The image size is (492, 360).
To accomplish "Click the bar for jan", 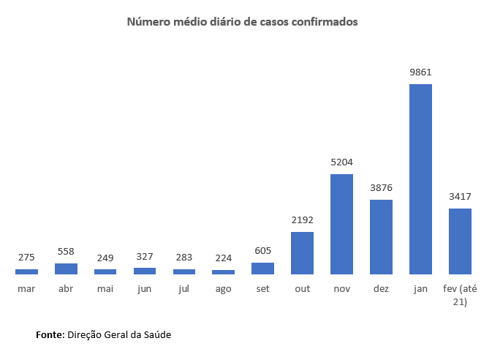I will tap(420, 179).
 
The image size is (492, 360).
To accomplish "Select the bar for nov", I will tap(341, 224).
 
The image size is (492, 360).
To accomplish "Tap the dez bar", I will tap(381, 237).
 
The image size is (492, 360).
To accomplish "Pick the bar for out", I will tap(302, 253).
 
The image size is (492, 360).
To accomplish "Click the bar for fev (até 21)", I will tap(460, 241).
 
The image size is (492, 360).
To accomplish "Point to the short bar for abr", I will tap(66, 269).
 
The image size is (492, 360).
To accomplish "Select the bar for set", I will tap(262, 269).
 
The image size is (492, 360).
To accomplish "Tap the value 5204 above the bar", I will tap(341, 162).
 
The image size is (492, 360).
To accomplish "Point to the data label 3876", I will tap(381, 187).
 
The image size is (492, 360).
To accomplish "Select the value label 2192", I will tap(302, 220).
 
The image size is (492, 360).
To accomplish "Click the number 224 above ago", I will tap(223, 258).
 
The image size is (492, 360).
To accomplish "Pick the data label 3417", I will tap(460, 196).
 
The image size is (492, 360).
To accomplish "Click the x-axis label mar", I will tap(26, 289).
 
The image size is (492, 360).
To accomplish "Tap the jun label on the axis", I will tap(144, 289).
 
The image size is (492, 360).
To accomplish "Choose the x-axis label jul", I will tap(183, 289).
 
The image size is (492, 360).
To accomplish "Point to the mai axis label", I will tap(105, 289).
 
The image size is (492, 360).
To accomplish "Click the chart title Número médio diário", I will tap(243, 22).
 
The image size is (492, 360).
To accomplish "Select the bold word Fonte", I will tap(50, 334).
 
